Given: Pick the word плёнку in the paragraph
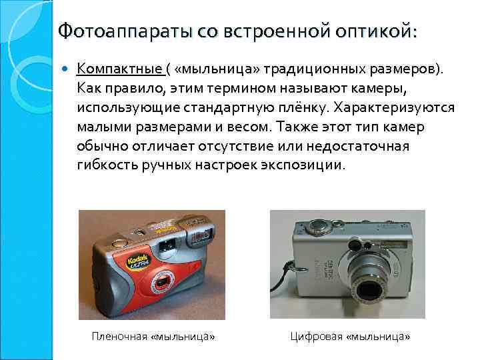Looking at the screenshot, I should [303, 107].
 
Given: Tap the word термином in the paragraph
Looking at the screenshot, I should [233, 88].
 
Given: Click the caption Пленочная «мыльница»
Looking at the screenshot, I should [153, 337].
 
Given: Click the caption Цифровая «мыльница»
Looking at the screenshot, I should [350, 337].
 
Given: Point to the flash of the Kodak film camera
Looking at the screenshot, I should [197, 234].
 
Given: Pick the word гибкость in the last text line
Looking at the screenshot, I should [109, 165].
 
